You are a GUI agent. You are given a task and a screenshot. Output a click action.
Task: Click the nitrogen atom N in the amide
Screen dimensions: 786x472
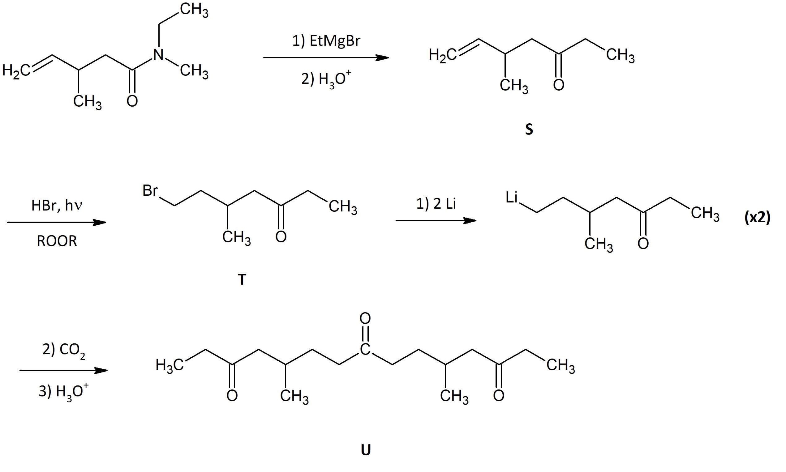pyautogui.click(x=158, y=55)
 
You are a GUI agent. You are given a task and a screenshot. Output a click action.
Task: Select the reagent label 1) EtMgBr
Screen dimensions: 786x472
pyautogui.click(x=326, y=41)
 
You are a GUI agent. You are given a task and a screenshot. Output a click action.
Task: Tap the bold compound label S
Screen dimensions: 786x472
pyautogui.click(x=529, y=130)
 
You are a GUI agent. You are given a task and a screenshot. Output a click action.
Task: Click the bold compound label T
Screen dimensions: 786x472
pyautogui.click(x=242, y=279)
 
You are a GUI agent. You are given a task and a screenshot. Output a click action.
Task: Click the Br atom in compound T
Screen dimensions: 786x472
pyautogui.click(x=150, y=190)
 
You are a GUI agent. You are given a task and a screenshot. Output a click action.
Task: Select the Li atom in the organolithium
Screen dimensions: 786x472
pyautogui.click(x=512, y=197)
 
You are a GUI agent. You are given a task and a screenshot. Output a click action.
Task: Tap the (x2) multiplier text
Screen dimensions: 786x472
pyautogui.click(x=757, y=218)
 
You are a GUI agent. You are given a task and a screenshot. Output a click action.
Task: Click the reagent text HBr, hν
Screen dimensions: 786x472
pyautogui.click(x=57, y=206)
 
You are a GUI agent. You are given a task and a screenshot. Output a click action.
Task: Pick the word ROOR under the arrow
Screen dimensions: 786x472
pyautogui.click(x=57, y=241)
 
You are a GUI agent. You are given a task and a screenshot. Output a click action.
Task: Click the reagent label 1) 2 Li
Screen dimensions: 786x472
pyautogui.click(x=436, y=203)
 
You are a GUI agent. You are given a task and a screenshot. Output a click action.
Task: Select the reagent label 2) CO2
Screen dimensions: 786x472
pyautogui.click(x=64, y=350)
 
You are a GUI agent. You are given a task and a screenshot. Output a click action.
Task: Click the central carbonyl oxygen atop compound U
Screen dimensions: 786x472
pyautogui.click(x=365, y=317)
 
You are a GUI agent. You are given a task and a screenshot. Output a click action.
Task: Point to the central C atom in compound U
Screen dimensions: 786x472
pyautogui.click(x=365, y=349)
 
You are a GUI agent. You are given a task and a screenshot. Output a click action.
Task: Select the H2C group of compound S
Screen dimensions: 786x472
pyautogui.click(x=442, y=55)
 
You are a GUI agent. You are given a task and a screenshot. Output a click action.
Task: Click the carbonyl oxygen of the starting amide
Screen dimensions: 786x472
pyautogui.click(x=132, y=101)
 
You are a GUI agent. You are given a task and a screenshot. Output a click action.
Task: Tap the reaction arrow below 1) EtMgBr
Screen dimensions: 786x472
pyautogui.click(x=326, y=58)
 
